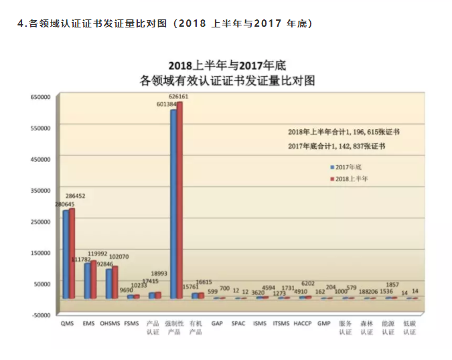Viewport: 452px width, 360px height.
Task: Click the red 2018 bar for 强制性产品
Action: point(179,201)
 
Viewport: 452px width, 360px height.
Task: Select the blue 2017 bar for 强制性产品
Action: point(173,204)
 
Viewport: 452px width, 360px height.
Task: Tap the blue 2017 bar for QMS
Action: point(66,254)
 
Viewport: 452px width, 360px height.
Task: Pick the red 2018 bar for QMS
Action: point(72,253)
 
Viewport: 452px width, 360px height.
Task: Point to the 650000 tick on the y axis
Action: point(41,97)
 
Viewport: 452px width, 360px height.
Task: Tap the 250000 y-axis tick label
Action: point(41,221)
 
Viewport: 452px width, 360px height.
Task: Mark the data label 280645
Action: point(65,204)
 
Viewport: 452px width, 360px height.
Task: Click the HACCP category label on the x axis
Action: point(303,324)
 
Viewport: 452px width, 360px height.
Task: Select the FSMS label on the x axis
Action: point(133,324)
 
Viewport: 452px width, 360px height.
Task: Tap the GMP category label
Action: point(324,324)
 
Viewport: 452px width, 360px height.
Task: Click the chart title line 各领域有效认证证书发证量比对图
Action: point(228,80)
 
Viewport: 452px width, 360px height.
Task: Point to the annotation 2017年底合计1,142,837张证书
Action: point(337,146)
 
